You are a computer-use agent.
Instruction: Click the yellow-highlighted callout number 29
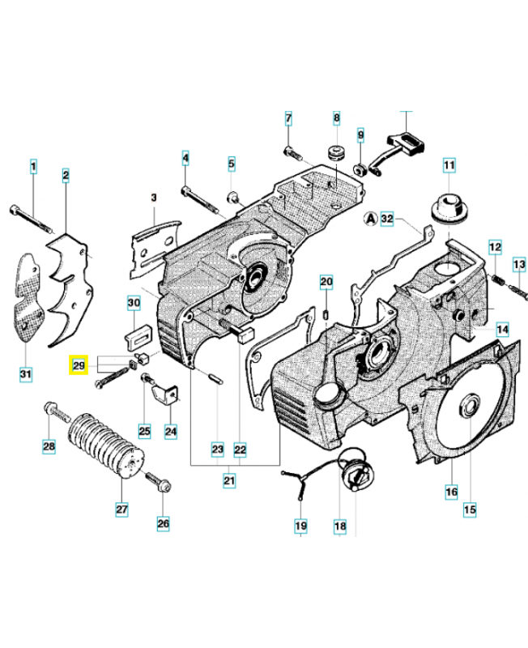coord(79,366)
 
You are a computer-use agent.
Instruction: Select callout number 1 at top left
coord(33,168)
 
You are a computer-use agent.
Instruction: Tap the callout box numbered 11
coord(449,168)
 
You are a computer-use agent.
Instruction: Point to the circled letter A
coord(370,219)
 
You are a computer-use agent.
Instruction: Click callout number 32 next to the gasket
coord(387,219)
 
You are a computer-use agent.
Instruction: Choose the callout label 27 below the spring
coord(121,509)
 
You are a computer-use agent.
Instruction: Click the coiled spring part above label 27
coord(104,441)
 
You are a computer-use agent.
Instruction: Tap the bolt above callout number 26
coord(157,484)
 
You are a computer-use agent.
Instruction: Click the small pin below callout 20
coord(326,310)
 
